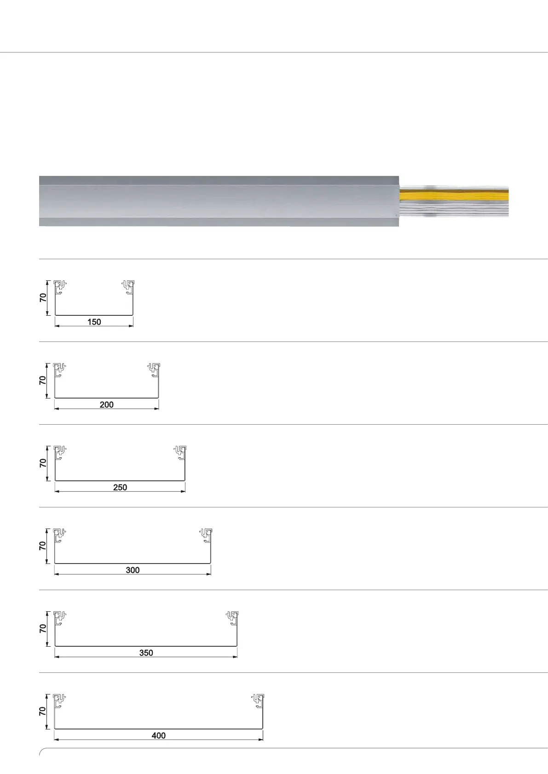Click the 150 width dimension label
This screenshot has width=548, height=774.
tap(94, 322)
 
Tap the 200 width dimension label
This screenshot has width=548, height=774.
tap(107, 404)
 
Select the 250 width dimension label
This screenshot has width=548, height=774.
tap(120, 487)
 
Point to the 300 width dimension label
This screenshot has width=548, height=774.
tap(133, 570)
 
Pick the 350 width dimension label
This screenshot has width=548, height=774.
tap(146, 653)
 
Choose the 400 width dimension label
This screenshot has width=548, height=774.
tap(158, 736)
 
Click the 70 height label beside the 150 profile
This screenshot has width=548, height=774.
tap(43, 297)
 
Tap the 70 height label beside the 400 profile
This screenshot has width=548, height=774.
tap(42, 711)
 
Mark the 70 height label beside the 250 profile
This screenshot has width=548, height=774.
tap(43, 463)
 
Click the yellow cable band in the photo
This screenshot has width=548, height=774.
tap(454, 195)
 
